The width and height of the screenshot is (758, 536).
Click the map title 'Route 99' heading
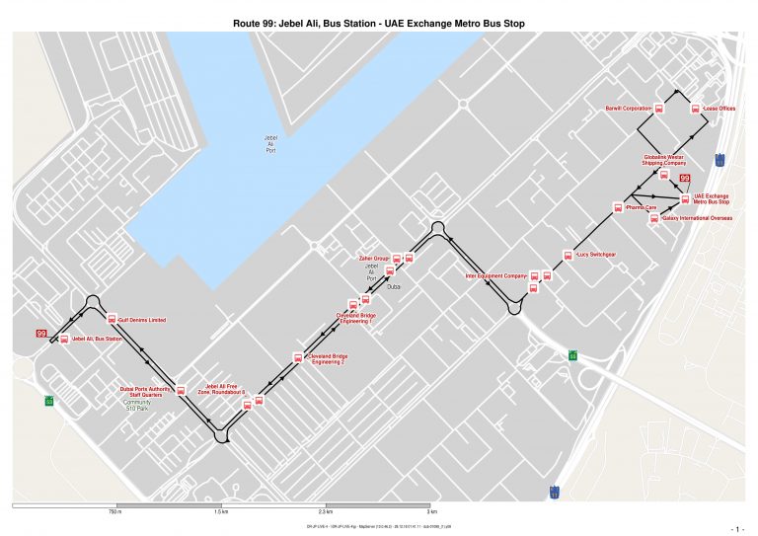click(379, 23)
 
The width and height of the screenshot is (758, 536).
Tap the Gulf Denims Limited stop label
click(141, 321)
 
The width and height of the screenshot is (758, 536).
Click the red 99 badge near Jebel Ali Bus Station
click(41, 335)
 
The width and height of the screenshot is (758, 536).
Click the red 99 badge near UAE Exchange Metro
click(684, 178)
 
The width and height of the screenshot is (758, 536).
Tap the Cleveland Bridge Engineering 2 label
click(328, 358)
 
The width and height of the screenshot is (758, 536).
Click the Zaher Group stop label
click(374, 259)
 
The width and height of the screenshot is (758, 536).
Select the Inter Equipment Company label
click(496, 276)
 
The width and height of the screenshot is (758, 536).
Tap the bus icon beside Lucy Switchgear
click(568, 256)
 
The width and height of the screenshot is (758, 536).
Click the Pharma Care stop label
click(642, 208)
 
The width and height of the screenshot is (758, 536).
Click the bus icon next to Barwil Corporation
click(663, 109)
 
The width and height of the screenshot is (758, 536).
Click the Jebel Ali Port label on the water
click(270, 144)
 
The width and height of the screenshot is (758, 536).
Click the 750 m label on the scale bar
click(114, 512)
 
